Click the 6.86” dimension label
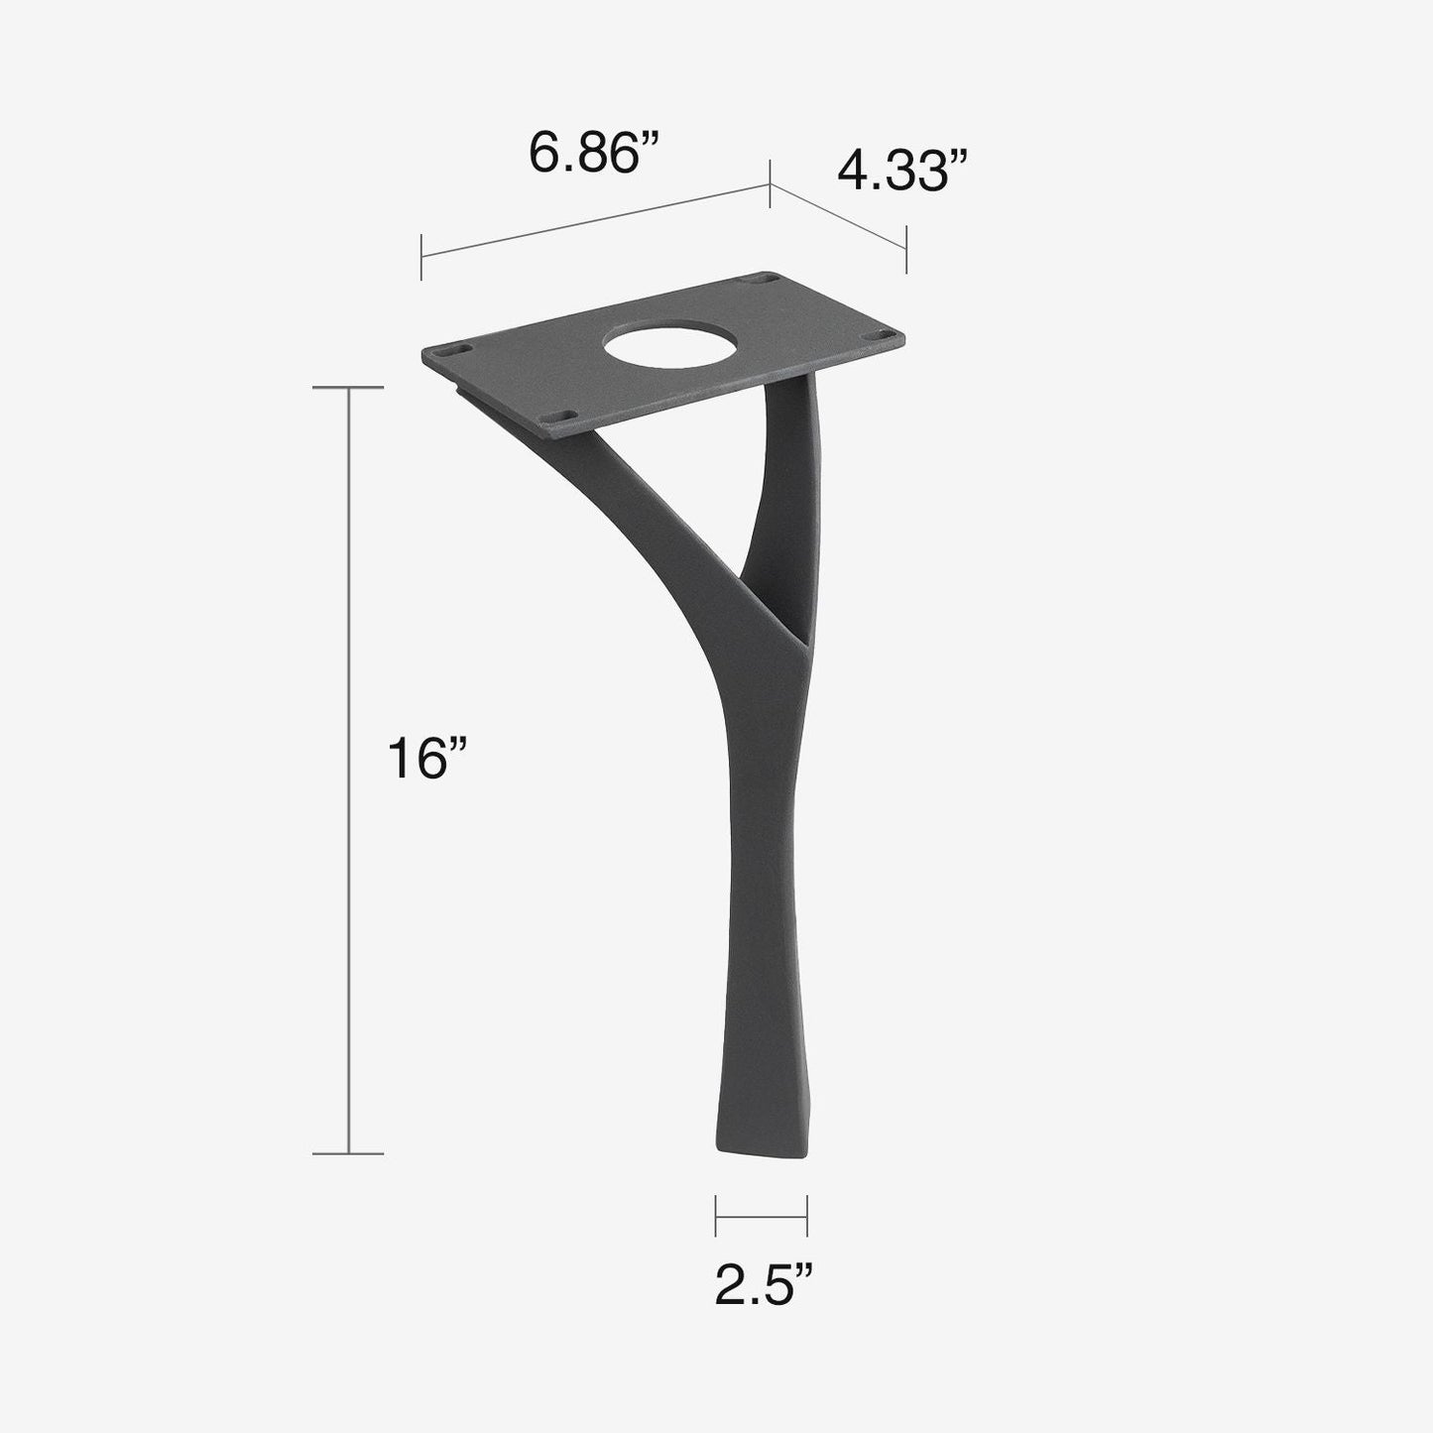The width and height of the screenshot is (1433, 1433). pyautogui.click(x=595, y=154)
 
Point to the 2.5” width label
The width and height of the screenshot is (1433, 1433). pyautogui.click(x=765, y=1286)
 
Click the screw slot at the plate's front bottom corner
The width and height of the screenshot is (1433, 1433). pyautogui.click(x=559, y=418)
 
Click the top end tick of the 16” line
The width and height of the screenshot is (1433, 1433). pyautogui.click(x=348, y=388)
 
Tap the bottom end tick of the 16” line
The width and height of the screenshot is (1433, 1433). pyautogui.click(x=348, y=1153)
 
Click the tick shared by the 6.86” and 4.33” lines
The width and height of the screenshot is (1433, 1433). pyautogui.click(x=771, y=183)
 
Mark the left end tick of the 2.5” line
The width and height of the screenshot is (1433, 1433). pyautogui.click(x=716, y=1216)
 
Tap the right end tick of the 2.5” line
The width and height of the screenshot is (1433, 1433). pyautogui.click(x=807, y=1216)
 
